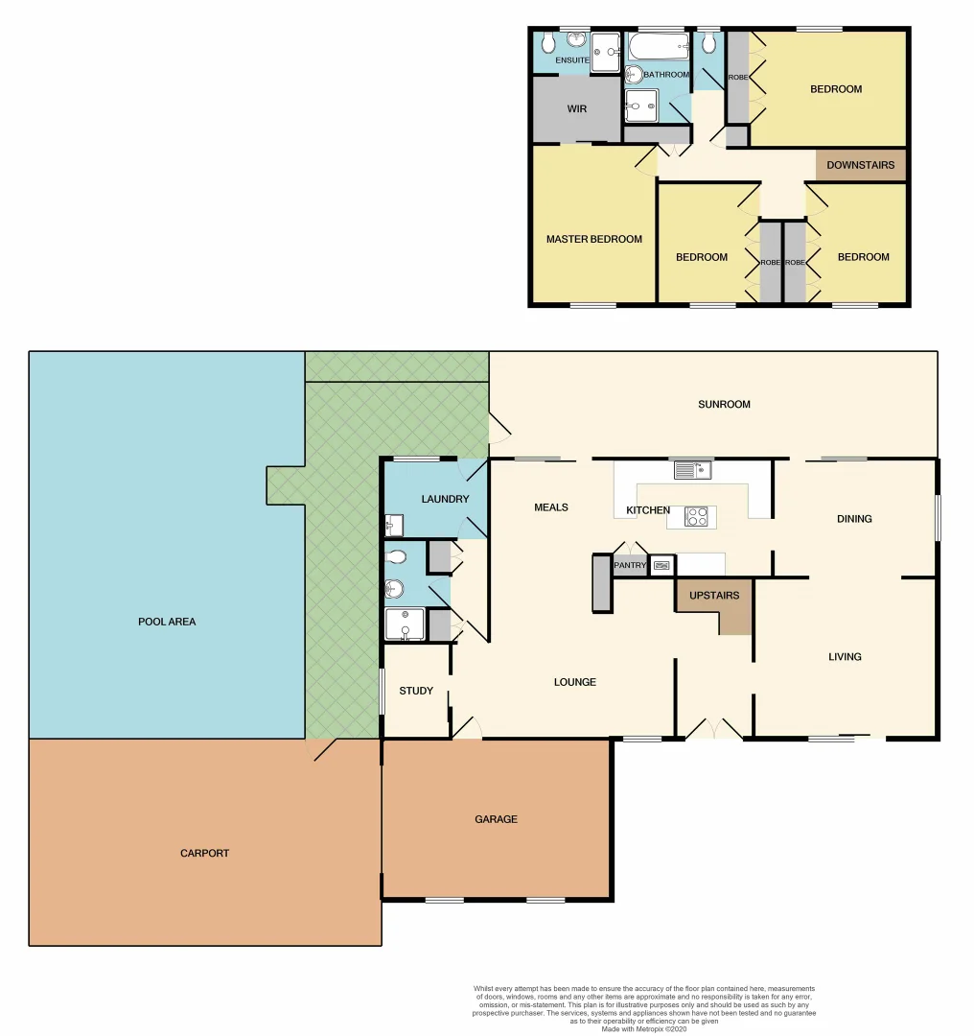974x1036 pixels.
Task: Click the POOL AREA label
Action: coord(167,622)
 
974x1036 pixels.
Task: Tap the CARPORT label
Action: coord(204,853)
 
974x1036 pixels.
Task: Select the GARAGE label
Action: coord(496,819)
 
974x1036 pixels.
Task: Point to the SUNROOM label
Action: coord(724,404)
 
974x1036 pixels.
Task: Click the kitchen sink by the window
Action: coord(689,469)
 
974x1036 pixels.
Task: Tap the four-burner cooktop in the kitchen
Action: coord(697,516)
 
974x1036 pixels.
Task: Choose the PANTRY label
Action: coord(630,566)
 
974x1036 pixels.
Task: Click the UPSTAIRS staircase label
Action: coord(714,596)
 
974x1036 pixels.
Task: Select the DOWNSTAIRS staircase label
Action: coord(860,165)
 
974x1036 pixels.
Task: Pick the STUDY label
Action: coord(416,691)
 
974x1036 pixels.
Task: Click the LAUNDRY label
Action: coord(445,499)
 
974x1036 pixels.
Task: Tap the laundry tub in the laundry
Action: coord(393,525)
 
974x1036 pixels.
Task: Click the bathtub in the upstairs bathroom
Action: coord(658,46)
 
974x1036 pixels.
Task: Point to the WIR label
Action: coord(576,109)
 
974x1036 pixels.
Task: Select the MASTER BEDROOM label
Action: coord(594,239)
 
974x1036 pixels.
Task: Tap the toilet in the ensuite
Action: coord(546,42)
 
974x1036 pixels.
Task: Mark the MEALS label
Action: coord(551,507)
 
